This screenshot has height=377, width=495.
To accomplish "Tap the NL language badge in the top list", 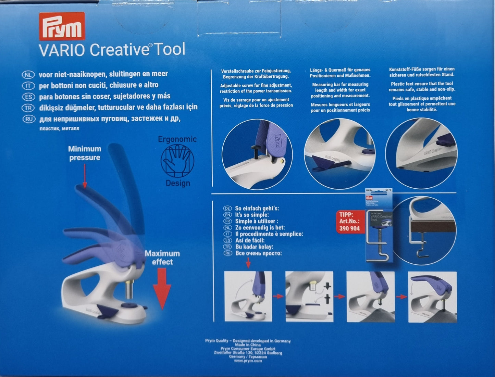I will tap(28, 74).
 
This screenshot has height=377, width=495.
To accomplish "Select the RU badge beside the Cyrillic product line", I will tap(28, 119).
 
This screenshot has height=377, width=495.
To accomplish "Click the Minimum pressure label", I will tap(85, 153).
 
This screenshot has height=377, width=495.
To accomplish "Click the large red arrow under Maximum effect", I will tap(162, 288).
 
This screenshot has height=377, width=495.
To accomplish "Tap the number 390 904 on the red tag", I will tap(350, 228).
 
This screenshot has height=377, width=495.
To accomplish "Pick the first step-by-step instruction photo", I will tap(248, 296).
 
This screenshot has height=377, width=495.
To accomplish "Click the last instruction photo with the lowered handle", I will tap(432, 297).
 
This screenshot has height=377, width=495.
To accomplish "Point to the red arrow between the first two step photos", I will tap(278, 296).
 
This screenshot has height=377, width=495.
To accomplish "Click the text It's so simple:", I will tap(252, 215).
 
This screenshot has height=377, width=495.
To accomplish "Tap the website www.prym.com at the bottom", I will tap(248, 361).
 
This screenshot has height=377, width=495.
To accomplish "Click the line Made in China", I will tap(248, 345).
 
